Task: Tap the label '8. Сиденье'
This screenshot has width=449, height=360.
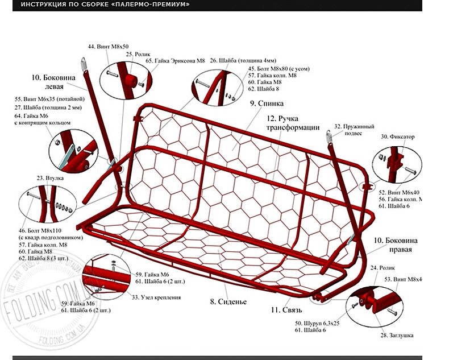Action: (x=228, y=301)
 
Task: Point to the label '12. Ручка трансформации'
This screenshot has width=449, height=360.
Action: (x=293, y=123)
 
